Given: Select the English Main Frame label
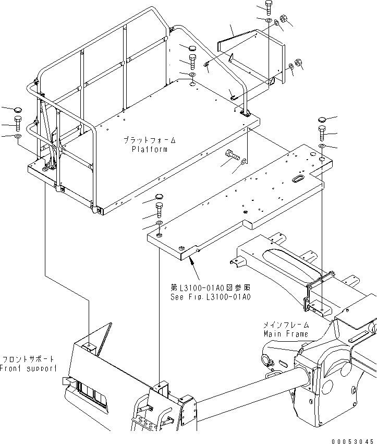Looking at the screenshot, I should pyautogui.click(x=286, y=333).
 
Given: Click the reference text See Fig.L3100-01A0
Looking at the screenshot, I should pyautogui.click(x=211, y=296).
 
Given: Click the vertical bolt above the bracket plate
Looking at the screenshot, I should pyautogui.click(x=268, y=7).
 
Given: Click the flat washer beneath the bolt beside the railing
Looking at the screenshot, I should pyautogui.click(x=18, y=136).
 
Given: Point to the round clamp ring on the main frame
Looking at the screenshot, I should pyautogui.click(x=264, y=359).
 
